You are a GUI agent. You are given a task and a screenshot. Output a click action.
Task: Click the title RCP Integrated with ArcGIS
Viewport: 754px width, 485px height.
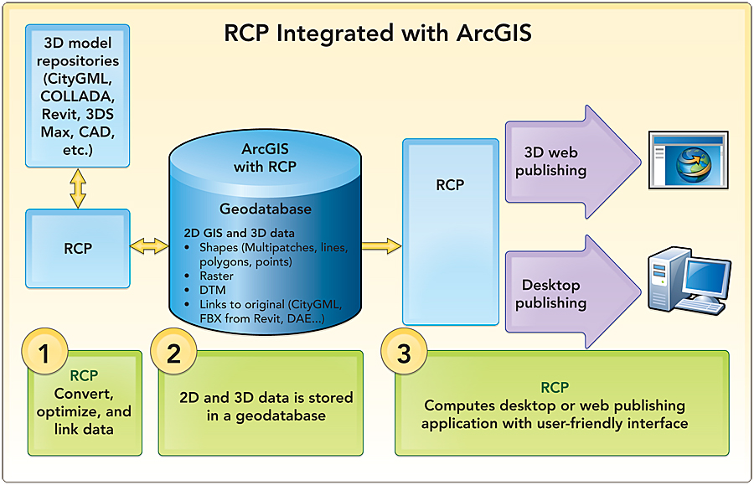coord(378,34)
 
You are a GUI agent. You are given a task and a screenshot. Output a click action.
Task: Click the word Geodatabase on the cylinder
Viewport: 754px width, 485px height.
coord(265,209)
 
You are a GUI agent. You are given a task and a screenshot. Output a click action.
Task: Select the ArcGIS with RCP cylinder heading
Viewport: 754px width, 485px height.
coord(265,157)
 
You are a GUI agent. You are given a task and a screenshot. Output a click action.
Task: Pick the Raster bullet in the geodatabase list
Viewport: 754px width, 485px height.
coord(216,276)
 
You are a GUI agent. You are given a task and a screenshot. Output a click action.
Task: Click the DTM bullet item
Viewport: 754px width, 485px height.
coord(212,290)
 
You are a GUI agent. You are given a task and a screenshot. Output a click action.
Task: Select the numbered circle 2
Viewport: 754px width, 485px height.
coord(173,354)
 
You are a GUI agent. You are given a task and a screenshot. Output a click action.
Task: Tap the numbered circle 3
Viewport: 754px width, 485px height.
coord(404,354)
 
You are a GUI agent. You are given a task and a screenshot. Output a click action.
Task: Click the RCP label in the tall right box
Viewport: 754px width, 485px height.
coord(450,185)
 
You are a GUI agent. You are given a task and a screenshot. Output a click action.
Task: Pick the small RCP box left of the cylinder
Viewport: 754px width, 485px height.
coord(78,248)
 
